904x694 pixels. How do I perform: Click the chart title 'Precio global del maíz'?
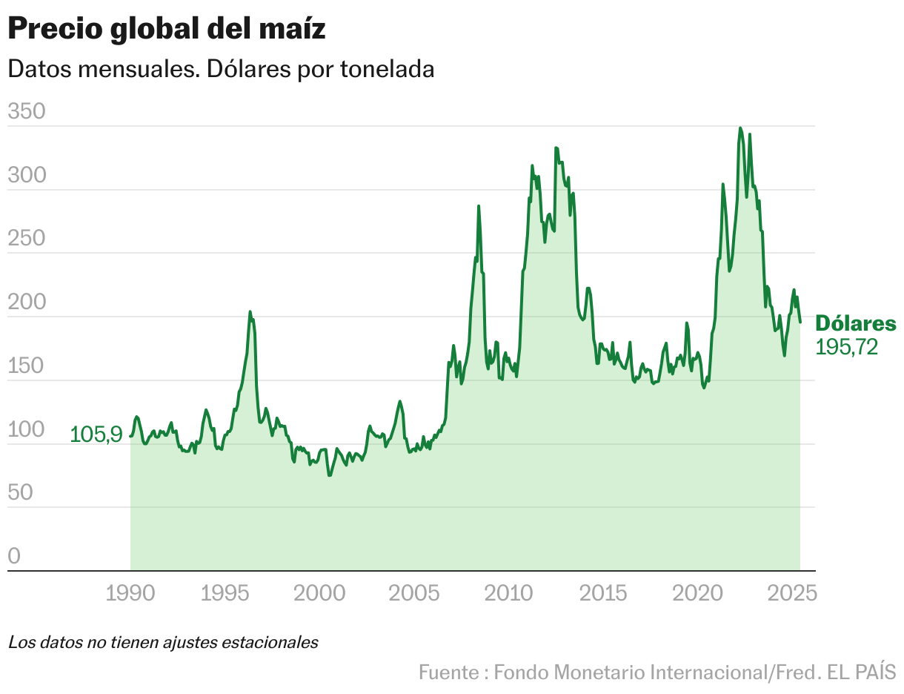click(167, 30)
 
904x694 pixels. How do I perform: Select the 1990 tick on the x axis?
click(130, 593)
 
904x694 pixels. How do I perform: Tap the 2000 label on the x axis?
click(320, 593)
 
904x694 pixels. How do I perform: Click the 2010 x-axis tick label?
click(510, 593)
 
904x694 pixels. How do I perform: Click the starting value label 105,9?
click(96, 434)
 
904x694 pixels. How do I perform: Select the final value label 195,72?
click(846, 347)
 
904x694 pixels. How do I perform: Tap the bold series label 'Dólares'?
click(855, 324)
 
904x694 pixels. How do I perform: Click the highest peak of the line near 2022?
click(740, 128)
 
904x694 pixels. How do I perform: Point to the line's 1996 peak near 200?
click(250, 311)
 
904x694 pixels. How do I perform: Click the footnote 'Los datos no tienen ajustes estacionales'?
click(163, 642)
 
